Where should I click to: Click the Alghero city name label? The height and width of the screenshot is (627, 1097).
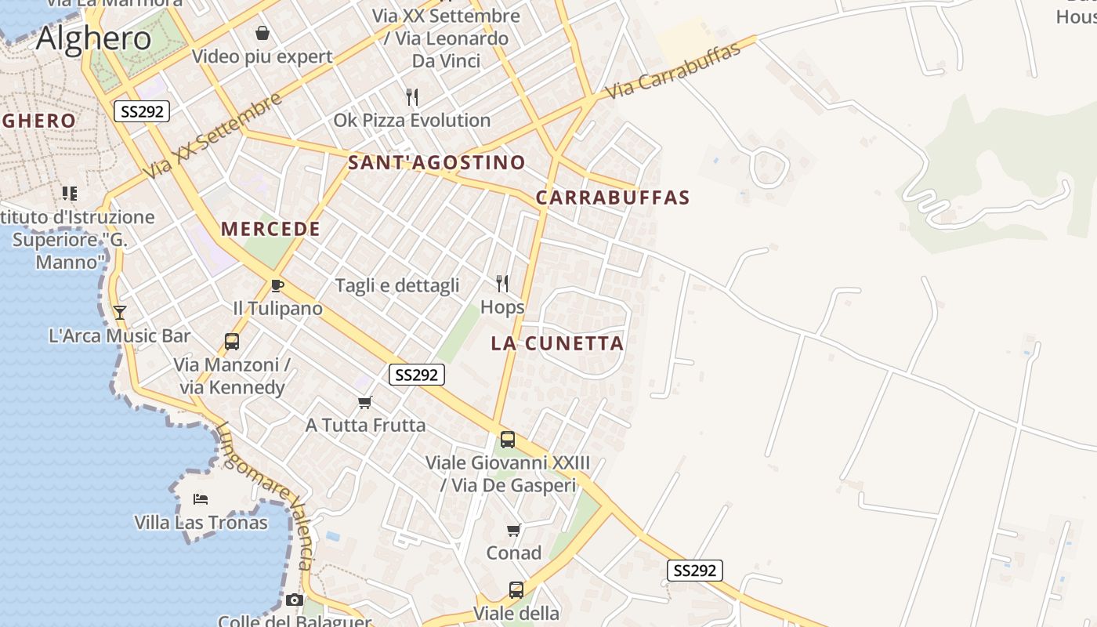[x=93, y=38]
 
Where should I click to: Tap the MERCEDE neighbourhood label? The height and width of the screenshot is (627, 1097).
[x=270, y=229]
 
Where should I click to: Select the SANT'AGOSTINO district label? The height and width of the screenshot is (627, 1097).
[x=436, y=163]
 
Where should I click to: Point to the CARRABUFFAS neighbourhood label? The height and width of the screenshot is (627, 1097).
[x=613, y=198]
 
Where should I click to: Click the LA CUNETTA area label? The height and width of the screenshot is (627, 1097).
[x=557, y=343]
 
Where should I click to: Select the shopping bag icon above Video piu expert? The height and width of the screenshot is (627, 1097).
[x=262, y=33]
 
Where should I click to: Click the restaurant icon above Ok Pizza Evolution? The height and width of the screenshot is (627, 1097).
[x=412, y=97]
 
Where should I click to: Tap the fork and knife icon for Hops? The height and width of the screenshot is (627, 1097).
[x=502, y=284]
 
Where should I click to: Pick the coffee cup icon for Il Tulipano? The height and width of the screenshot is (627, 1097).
[x=277, y=285]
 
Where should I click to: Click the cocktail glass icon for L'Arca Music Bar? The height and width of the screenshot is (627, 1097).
[x=119, y=313]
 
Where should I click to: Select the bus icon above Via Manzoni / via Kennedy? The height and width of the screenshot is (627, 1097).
[x=232, y=342]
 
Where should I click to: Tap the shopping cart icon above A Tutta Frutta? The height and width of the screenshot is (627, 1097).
[x=364, y=403]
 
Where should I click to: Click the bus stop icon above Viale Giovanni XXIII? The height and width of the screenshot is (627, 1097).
[x=508, y=440]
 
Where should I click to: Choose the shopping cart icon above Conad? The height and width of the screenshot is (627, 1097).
[x=513, y=531]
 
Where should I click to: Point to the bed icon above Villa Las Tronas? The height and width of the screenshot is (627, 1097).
[x=201, y=499]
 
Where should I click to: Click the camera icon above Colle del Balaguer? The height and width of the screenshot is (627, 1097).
[x=294, y=600]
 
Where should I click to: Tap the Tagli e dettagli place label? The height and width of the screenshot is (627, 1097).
[x=397, y=285]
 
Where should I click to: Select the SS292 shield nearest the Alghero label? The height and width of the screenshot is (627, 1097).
[x=142, y=111]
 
